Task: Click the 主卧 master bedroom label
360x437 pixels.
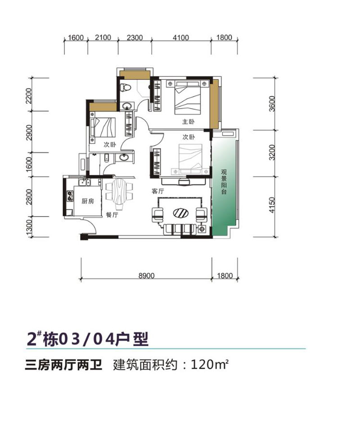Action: (188, 122)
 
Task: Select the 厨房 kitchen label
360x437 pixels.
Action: (88, 201)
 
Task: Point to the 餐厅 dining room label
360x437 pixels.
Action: (112, 215)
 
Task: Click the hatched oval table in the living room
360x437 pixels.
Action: (180, 212)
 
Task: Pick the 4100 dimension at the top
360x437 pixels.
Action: (180, 38)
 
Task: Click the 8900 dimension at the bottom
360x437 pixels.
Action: (147, 276)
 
